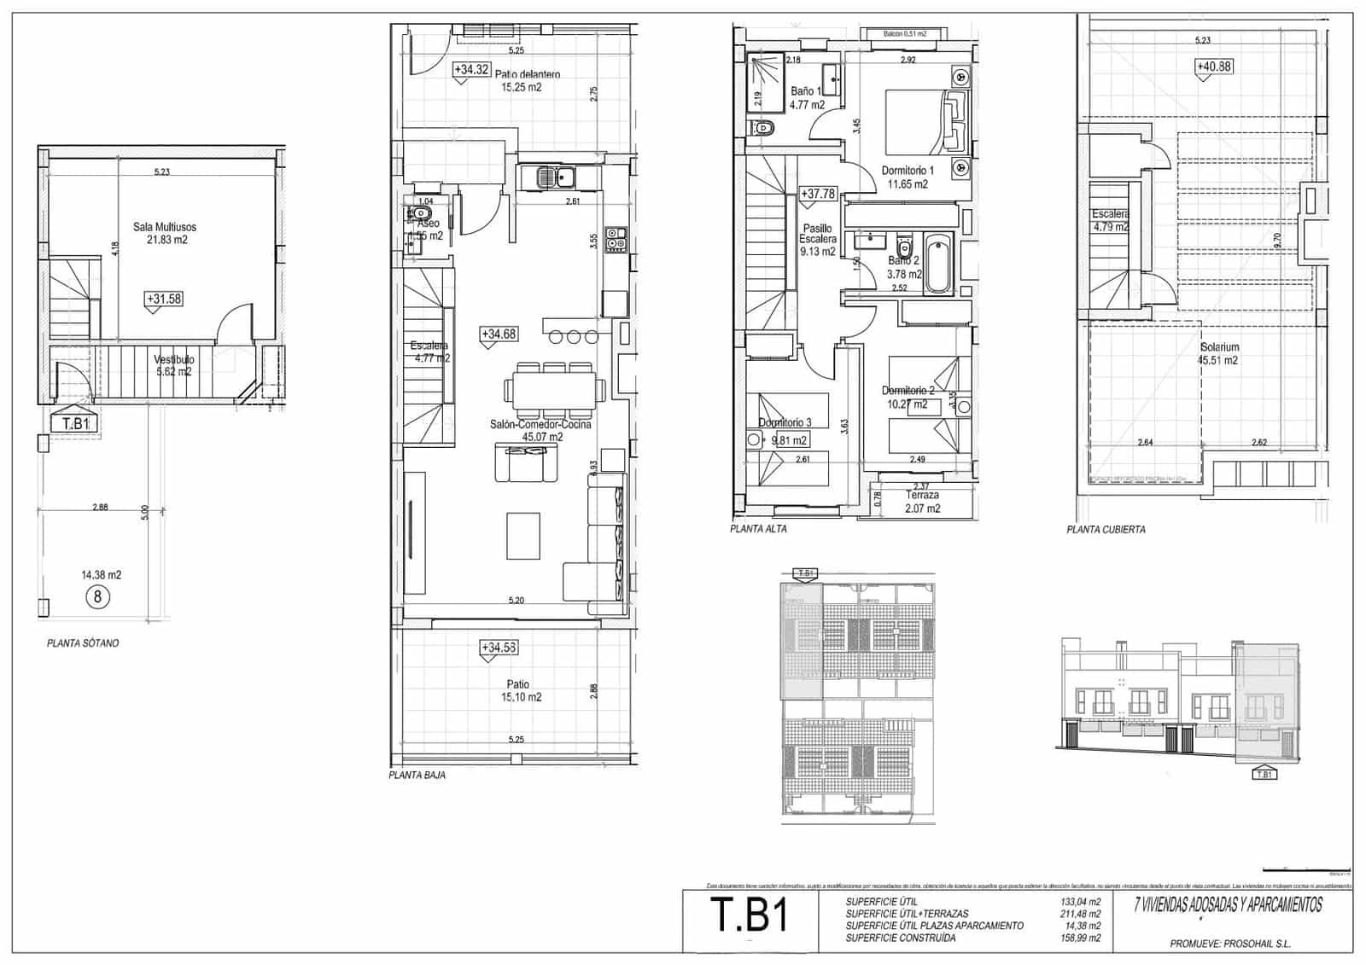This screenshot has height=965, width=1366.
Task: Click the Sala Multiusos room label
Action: (x=165, y=233)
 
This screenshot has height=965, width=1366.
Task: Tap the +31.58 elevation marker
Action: (x=164, y=299)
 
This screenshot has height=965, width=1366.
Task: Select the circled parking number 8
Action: (x=97, y=596)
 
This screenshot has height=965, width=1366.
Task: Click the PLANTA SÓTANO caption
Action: (x=83, y=643)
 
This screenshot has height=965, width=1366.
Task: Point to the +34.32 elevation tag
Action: (x=471, y=70)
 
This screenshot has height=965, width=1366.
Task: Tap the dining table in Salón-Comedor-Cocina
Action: (x=556, y=389)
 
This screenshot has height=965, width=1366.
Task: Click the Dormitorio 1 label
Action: (x=908, y=177)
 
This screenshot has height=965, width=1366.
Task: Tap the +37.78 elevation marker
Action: (x=818, y=195)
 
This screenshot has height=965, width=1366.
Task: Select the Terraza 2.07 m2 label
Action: (x=922, y=501)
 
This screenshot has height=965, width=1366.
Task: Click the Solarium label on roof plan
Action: (x=1219, y=353)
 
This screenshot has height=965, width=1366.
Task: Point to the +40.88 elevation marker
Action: (x=1214, y=67)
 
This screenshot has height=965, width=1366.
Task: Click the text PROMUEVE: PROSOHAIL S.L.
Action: (x=1230, y=944)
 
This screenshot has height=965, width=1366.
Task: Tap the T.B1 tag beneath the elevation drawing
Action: (x=1264, y=775)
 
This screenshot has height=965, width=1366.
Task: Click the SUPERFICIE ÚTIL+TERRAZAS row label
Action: (x=907, y=914)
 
